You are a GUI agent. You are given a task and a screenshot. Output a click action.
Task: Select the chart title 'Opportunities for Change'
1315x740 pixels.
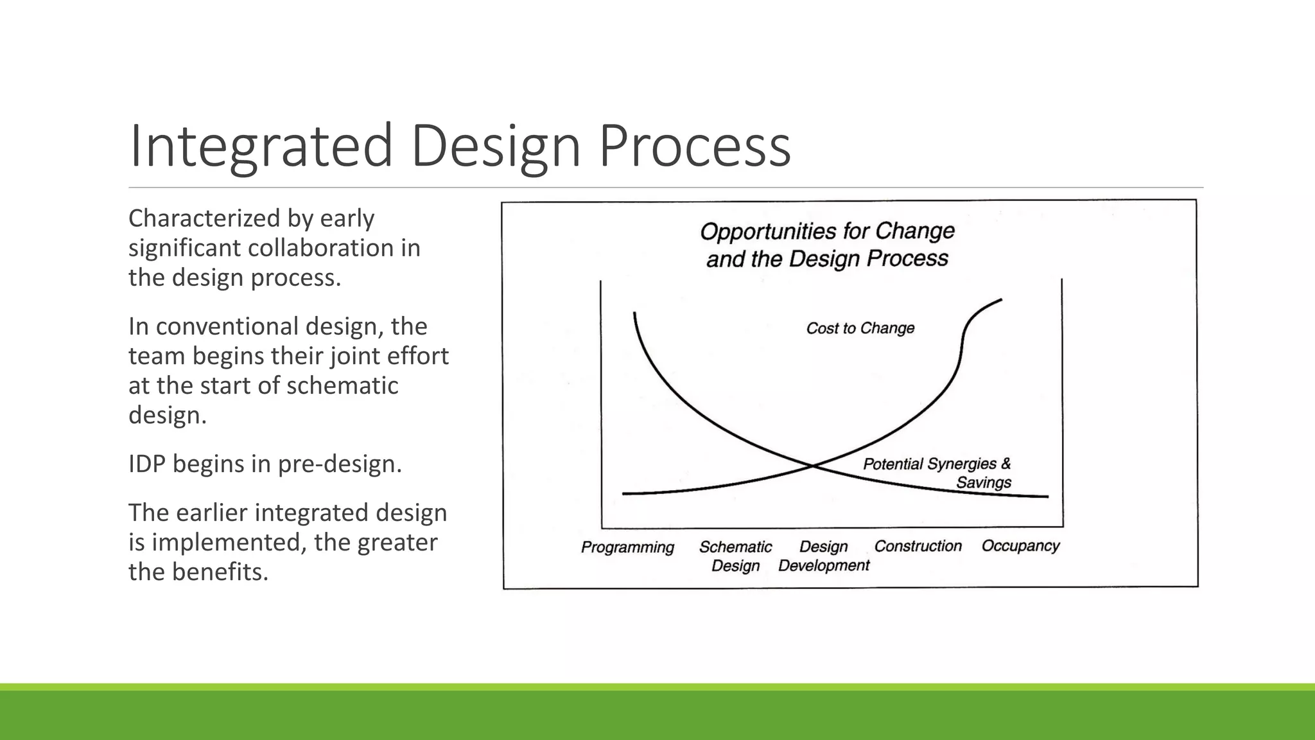pyautogui.click(x=827, y=231)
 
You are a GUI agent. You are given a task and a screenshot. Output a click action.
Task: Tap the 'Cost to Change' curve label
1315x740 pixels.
pyautogui.click(x=860, y=328)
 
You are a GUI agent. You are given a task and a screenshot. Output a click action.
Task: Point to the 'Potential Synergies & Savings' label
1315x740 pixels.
pyautogui.click(x=937, y=472)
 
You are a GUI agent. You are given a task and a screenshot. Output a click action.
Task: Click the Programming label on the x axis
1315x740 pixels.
pyautogui.click(x=627, y=547)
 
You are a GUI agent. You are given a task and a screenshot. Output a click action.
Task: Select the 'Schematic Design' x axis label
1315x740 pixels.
pyautogui.click(x=735, y=556)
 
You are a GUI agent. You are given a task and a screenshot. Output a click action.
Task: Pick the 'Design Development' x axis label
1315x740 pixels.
pyautogui.click(x=824, y=556)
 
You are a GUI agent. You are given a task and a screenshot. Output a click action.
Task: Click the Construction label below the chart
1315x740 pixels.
pyautogui.click(x=918, y=546)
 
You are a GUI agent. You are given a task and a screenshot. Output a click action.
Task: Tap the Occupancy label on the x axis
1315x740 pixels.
pyautogui.click(x=1020, y=546)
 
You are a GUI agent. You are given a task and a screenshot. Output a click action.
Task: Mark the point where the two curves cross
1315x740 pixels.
pyautogui.click(x=813, y=465)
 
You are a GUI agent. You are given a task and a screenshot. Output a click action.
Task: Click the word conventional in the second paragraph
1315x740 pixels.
pyautogui.click(x=227, y=326)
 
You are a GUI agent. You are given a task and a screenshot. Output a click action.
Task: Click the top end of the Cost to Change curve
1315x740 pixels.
pyautogui.click(x=1001, y=299)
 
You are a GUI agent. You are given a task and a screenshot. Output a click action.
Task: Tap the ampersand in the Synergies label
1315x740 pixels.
pyautogui.click(x=1006, y=463)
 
